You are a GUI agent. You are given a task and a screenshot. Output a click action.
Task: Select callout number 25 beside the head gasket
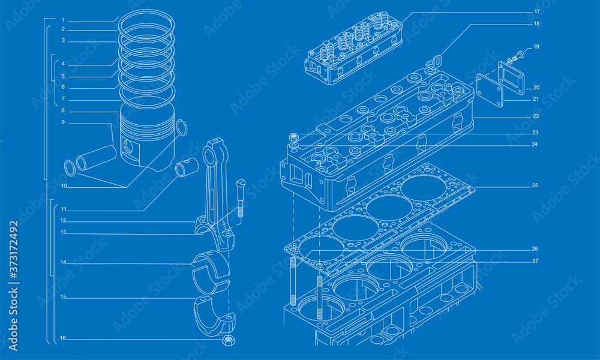pyautogui.click(x=534, y=185)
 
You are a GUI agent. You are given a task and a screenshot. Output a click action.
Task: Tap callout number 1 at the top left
pyautogui.click(x=62, y=20)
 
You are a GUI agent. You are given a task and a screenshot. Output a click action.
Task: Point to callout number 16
pyautogui.click(x=62, y=338)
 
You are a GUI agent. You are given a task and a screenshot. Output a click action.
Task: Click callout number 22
pyautogui.click(x=535, y=116)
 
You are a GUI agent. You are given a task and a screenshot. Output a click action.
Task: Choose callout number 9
pyautogui.click(x=62, y=122)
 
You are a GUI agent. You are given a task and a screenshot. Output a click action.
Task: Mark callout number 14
pyautogui.click(x=62, y=262)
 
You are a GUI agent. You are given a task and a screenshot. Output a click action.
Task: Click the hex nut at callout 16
pyautogui.click(x=227, y=340)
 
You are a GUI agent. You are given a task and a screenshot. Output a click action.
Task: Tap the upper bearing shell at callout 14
pyautogui.click(x=211, y=270)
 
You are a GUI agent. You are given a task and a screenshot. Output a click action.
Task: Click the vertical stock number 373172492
pyautogui.click(x=13, y=258)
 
